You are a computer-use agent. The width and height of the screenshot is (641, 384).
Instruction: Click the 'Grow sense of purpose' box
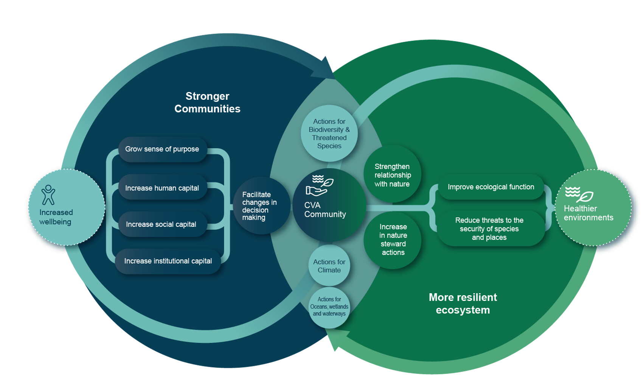162,149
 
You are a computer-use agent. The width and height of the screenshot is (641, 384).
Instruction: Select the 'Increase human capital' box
162,188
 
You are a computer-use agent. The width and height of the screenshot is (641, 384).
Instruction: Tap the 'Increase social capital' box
161,225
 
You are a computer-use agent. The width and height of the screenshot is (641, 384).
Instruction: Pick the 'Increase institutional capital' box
168,261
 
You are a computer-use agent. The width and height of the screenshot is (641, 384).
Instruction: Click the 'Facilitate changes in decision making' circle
260,206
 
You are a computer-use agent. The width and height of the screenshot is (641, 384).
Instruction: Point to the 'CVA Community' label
325,210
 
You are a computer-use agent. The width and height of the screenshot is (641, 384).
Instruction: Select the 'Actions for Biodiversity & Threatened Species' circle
329,133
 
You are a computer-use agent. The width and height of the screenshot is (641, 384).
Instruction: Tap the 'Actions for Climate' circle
329,266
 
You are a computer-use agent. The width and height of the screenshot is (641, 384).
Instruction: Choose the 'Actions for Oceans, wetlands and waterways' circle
329,307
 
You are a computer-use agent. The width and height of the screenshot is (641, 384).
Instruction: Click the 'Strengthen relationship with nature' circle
392,175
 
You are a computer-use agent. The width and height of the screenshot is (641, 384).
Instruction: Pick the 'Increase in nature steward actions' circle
393,240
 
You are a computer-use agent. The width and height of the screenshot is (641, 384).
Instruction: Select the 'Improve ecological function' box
491,187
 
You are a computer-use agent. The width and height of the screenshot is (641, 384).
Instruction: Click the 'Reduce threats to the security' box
489,229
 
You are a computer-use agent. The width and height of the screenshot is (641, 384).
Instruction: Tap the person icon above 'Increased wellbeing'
48,195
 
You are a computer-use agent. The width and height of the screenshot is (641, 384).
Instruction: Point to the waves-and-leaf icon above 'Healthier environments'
579,194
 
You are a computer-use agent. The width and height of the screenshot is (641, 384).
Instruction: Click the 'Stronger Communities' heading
207,102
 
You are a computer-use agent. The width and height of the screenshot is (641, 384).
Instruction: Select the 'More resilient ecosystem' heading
463,303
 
